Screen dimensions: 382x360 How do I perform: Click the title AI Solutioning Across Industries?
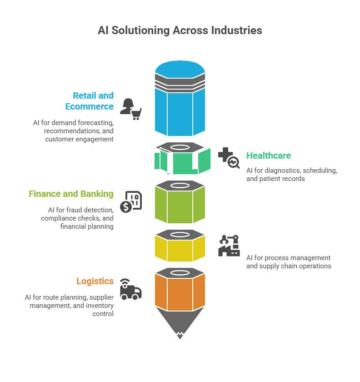180,30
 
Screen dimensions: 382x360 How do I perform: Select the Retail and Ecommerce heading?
89,101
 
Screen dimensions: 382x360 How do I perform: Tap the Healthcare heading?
268,156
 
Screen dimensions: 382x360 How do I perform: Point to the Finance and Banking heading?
71,194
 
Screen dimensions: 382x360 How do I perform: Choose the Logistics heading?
95,281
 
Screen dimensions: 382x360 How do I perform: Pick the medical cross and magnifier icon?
229,157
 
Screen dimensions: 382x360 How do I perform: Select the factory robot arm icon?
229,246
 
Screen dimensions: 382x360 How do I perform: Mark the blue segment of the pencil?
180,109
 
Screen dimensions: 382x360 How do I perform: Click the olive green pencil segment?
180,205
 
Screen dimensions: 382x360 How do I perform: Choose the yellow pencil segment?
180,249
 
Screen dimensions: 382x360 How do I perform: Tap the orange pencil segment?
180,291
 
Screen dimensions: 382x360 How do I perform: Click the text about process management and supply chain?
289,262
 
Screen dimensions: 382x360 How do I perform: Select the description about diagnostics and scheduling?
291,175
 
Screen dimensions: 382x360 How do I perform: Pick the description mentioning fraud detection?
77,218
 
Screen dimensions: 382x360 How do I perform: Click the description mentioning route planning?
69,306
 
